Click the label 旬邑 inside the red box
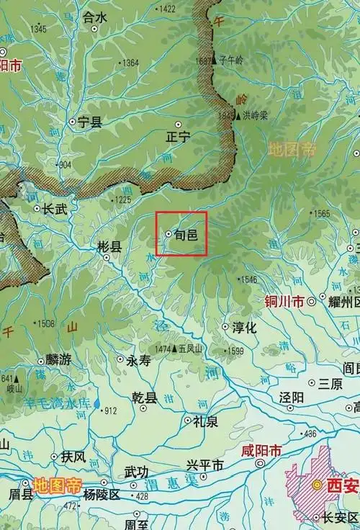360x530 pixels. coord(186,234)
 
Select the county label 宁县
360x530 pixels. coord(90,122)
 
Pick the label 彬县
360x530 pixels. coord(109,246)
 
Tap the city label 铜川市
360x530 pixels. coord(283,301)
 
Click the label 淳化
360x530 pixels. coord(243,327)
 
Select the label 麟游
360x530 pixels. coord(57,360)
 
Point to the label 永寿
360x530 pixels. coord(138,361)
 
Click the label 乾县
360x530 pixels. coord(144,397)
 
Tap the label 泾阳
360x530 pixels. coord(291,397)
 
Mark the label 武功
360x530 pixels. coord(136,472)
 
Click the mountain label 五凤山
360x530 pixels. coord(192,349)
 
